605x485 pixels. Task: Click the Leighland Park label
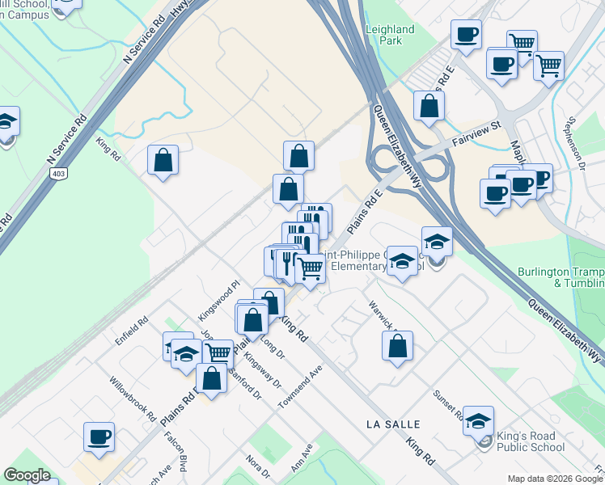tap(390, 35)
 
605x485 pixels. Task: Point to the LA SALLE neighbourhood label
tap(393, 424)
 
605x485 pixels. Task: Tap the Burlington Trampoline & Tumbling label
tap(561, 277)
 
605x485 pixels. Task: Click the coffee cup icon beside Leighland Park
tap(467, 35)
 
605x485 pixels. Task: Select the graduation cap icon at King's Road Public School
tap(479, 420)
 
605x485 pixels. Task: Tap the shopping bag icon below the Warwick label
tap(398, 346)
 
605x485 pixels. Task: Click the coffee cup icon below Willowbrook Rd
tap(99, 436)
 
